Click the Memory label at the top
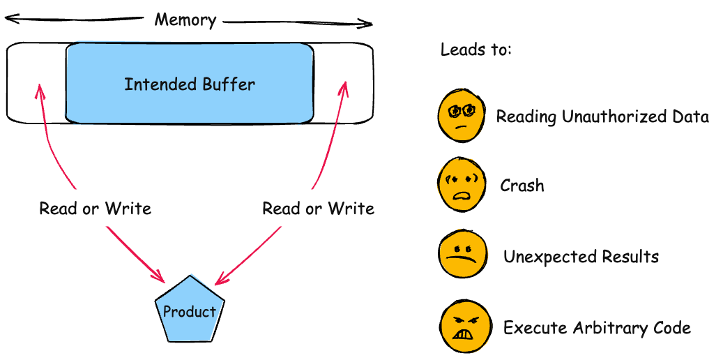pos(185,20)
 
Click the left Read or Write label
pos(95,208)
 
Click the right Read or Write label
pos(318,208)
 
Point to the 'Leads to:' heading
pos(476,51)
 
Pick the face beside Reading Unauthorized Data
pos(461,114)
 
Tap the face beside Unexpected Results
pos(460,256)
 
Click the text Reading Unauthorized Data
pos(602,117)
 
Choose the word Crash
pos(522,186)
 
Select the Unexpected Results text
pos(581,257)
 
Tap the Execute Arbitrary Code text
pos(597,327)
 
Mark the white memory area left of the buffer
pos(36,82)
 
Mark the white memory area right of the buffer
pos(342,82)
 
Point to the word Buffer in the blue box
pos(229,84)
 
